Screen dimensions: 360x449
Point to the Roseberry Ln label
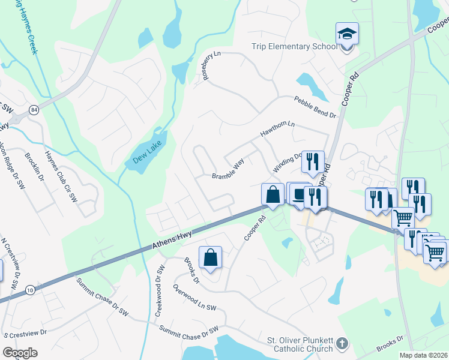tap(211, 65)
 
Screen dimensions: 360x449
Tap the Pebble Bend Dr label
tap(315, 107)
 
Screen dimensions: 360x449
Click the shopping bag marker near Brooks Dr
tap(211, 258)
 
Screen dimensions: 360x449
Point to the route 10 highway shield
tap(29, 290)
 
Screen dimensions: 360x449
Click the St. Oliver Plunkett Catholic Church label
tap(300, 344)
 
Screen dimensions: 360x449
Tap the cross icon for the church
tap(342, 344)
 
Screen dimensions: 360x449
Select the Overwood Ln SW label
tap(194, 298)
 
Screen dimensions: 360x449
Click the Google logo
tap(20, 353)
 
